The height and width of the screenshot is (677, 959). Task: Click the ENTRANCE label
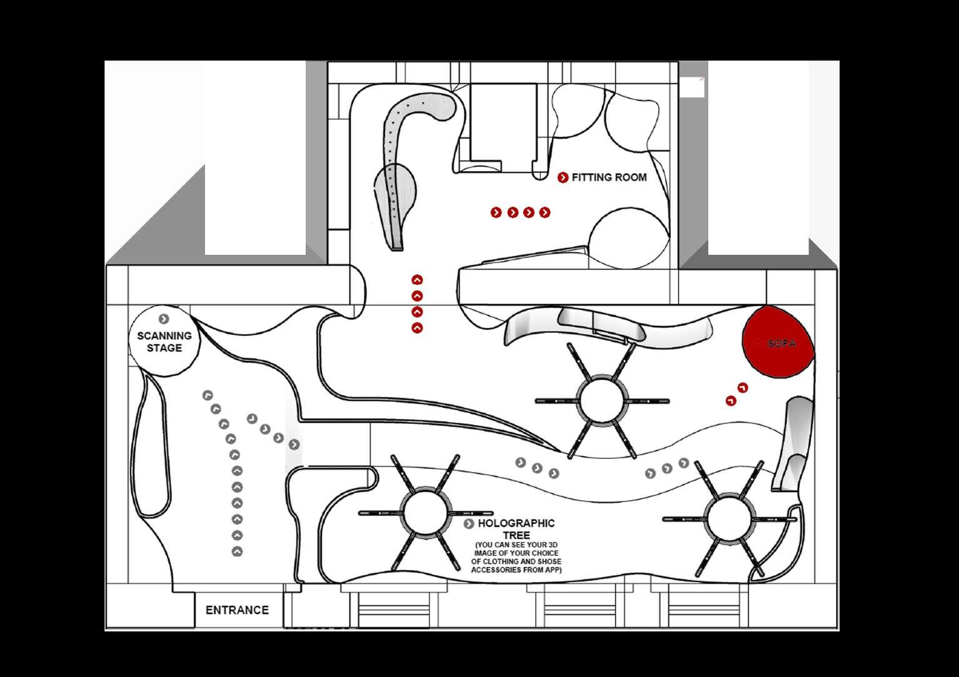237,610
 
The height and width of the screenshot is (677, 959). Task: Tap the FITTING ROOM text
609,177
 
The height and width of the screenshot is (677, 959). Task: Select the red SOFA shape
778,343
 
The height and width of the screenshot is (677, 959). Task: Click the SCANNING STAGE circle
164,342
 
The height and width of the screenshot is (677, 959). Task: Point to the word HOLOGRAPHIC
516,523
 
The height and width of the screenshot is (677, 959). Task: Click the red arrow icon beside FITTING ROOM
563,177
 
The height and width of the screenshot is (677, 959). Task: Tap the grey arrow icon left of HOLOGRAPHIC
469,524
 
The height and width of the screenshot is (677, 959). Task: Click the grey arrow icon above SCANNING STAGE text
164,319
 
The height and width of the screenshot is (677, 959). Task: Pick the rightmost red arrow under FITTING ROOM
545,213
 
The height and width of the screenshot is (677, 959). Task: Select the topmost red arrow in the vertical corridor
417,280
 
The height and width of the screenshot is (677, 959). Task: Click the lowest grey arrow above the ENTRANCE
237,551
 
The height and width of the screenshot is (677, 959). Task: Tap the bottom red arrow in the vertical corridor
417,328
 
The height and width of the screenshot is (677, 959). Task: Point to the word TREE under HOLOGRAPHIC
516,536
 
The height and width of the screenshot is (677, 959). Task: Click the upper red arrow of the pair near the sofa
743,388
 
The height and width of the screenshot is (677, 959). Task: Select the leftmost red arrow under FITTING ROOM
496,213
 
